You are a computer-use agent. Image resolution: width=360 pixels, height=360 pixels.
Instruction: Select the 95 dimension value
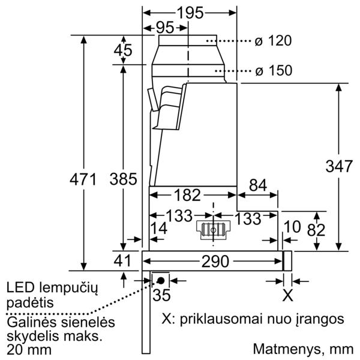(164, 28)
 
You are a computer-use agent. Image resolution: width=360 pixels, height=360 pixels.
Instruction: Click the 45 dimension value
(123, 50)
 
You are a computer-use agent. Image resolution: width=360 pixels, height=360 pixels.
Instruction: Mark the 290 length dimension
(215, 262)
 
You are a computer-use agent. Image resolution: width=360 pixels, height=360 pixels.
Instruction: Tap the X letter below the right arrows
(287, 295)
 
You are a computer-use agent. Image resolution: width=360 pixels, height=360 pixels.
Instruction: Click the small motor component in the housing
(213, 230)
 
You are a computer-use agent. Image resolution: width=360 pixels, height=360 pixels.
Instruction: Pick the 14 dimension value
(159, 228)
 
